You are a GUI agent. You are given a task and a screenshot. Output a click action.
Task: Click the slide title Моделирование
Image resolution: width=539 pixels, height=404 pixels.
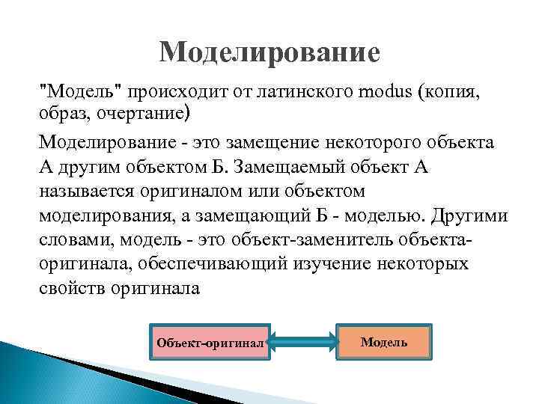tap(269, 52)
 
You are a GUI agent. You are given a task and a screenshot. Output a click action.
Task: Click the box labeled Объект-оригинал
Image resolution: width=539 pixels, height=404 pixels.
tap(210, 343)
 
